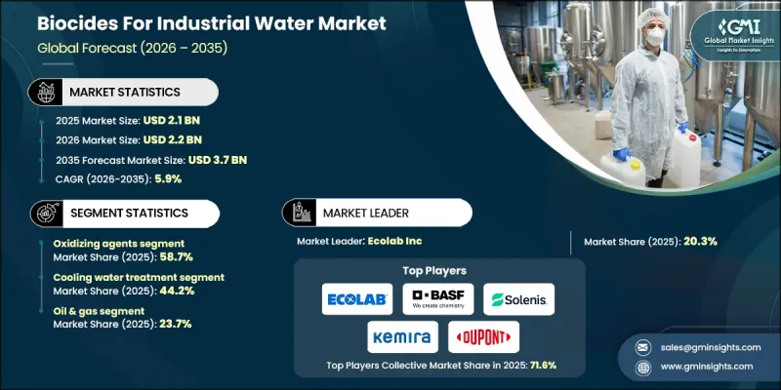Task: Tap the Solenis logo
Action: pyautogui.click(x=519, y=297)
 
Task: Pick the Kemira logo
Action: pyautogui.click(x=402, y=336)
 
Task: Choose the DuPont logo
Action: pyautogui.click(x=483, y=336)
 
